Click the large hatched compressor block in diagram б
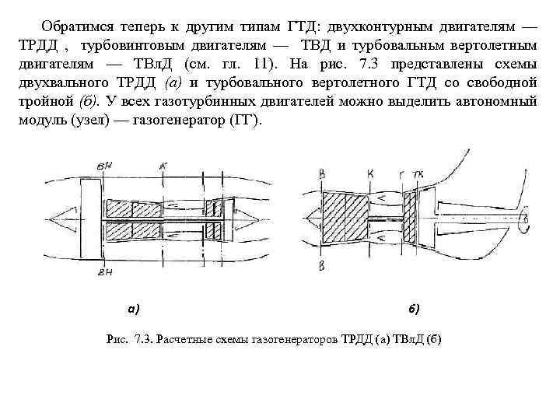point(348,220)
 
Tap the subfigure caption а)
point(134,309)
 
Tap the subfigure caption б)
point(414,309)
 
